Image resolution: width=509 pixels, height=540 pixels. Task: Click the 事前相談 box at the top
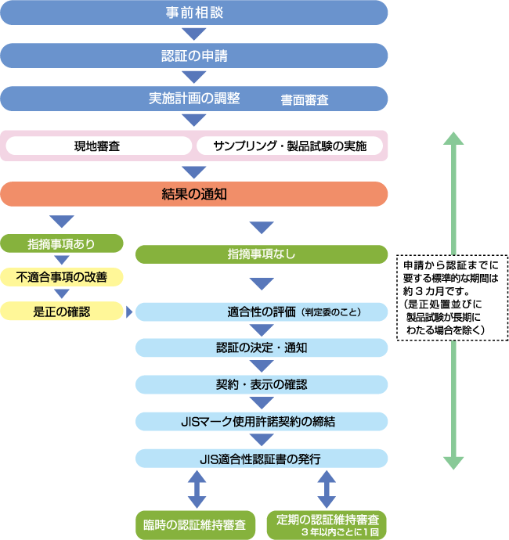tap(194, 13)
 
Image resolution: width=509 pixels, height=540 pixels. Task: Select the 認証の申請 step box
tap(194, 56)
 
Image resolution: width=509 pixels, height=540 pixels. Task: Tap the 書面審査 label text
tap(305, 101)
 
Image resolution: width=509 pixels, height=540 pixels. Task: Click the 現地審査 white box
tap(98, 146)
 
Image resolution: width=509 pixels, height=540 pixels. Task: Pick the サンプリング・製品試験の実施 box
tap(290, 146)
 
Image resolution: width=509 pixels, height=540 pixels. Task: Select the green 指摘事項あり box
tap(62, 243)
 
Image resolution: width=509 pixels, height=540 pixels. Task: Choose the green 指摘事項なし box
tap(262, 254)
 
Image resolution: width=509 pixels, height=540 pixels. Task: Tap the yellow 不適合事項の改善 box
tap(62, 277)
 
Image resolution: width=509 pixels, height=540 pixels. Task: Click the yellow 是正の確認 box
tap(62, 311)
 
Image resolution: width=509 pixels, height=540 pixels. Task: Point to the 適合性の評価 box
tap(262, 312)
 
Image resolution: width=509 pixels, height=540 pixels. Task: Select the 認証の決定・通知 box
tap(262, 348)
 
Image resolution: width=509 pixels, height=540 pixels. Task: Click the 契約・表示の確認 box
tap(262, 384)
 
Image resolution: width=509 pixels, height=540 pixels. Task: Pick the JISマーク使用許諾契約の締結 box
tap(262, 421)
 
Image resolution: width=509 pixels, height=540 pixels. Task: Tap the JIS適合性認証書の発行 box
tap(262, 458)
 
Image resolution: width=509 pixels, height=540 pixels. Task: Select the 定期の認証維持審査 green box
tap(327, 524)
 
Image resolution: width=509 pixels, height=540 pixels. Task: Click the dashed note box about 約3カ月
tap(452, 297)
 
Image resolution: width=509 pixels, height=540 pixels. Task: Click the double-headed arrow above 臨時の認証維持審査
tap(197, 490)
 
